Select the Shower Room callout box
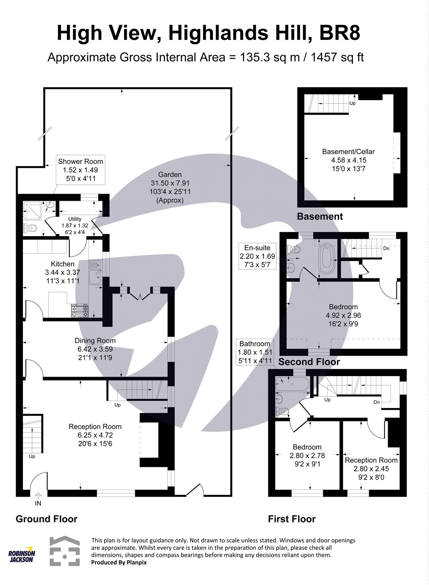point(80,170)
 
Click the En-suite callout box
point(257,256)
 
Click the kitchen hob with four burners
point(80,311)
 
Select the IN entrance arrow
point(38,499)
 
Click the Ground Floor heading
point(46,519)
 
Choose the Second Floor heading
point(309,362)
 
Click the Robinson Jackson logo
point(22,556)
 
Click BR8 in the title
point(340,34)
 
